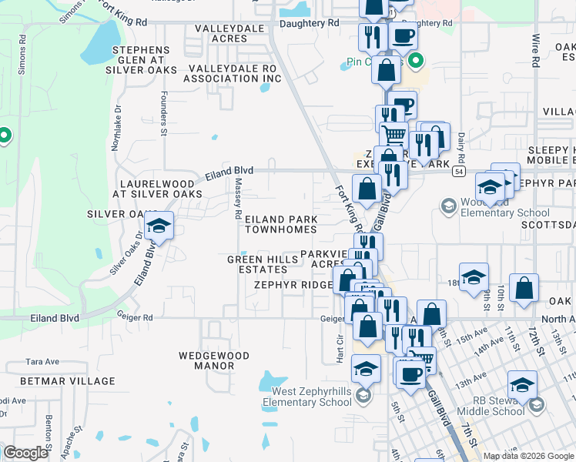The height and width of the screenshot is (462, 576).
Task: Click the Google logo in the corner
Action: tap(25, 453)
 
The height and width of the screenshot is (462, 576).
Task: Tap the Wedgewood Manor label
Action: tap(214, 360)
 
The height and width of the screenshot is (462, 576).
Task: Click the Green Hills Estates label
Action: tap(263, 264)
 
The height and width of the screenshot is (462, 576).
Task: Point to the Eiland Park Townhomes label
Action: tap(280, 224)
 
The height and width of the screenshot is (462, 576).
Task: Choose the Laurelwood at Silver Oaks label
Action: tap(156, 189)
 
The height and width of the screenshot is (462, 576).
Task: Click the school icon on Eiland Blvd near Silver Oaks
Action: tap(159, 226)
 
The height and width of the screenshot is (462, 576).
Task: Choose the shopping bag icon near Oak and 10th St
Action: tap(524, 289)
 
